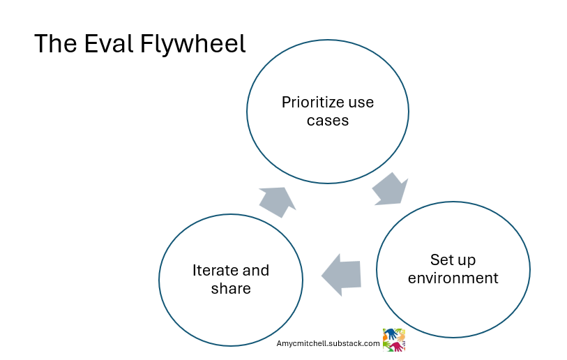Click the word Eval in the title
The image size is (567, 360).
[109, 44]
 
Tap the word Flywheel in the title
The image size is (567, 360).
[193, 45]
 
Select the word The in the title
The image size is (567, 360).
[54, 44]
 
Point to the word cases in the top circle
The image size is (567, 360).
[328, 120]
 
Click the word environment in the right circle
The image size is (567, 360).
[453, 278]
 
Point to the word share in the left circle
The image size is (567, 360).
[231, 288]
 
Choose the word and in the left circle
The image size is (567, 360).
[255, 271]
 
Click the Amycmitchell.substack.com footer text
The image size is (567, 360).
[328, 343]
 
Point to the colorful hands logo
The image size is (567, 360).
[394, 340]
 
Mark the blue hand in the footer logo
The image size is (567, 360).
[389, 334]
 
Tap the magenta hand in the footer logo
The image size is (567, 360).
[398, 346]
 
